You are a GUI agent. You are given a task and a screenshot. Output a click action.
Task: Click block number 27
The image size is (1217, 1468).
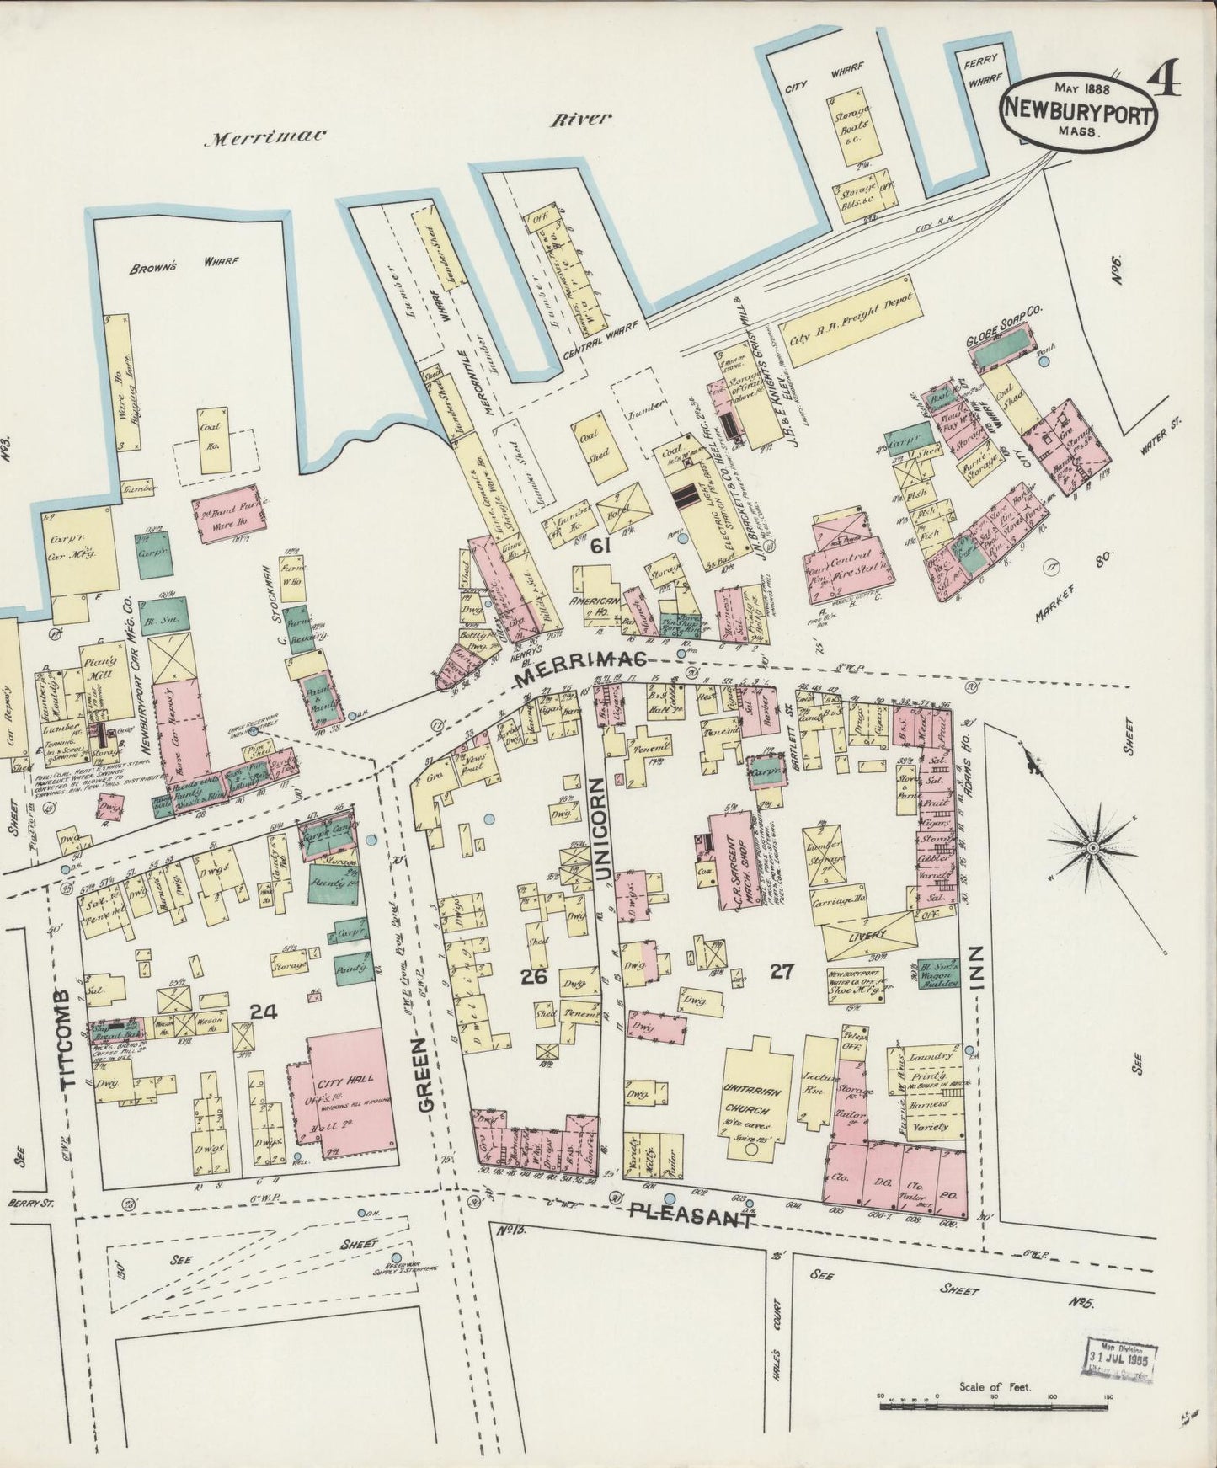click(x=782, y=972)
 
